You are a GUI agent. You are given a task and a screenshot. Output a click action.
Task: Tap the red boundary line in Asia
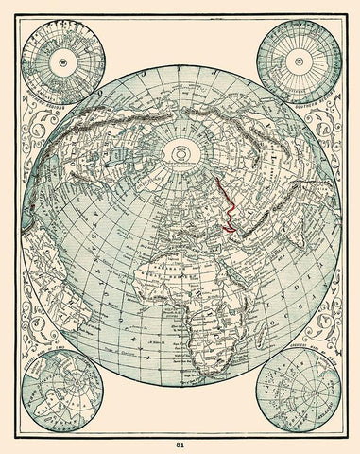[x=231, y=203]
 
